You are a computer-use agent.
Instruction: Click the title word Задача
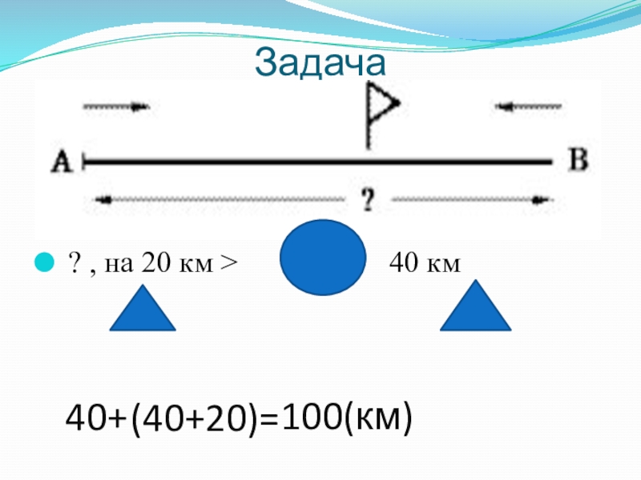click(x=320, y=63)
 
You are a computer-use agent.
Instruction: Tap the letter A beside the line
click(x=62, y=162)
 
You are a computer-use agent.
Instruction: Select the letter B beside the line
click(x=578, y=160)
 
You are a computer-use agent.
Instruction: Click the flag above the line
click(x=380, y=108)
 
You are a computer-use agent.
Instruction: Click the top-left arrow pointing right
click(x=117, y=106)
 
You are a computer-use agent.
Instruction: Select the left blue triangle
click(x=142, y=308)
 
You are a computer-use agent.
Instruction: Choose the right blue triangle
click(x=476, y=308)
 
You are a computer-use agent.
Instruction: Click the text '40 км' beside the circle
click(x=424, y=262)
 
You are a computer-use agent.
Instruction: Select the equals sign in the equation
click(x=271, y=418)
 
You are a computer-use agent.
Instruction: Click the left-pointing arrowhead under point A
click(x=100, y=200)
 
